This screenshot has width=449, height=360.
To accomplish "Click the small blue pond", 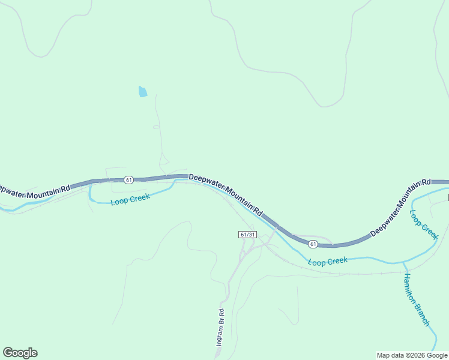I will pos(142,92).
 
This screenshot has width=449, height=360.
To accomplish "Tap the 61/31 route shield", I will pos(247,235).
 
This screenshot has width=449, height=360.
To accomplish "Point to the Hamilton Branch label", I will pos(416,299).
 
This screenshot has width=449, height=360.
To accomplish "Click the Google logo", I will pos(20,353).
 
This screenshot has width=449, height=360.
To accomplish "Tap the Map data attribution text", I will pos(412,355).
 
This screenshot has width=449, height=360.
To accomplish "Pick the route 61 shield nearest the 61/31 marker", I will pos(313,244).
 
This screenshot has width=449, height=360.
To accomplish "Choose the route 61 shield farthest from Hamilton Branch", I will pos(128,180).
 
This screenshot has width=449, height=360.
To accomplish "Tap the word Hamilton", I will pos(411,289).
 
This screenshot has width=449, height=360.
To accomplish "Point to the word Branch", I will pos(423,313).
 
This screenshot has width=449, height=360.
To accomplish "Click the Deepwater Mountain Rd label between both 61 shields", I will pos(226,194).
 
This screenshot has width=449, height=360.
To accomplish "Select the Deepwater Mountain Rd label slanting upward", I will pos(400,208).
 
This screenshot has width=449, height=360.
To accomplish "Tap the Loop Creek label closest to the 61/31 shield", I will pos(328,261).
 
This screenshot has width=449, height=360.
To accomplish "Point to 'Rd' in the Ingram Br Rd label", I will pos(221,313).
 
